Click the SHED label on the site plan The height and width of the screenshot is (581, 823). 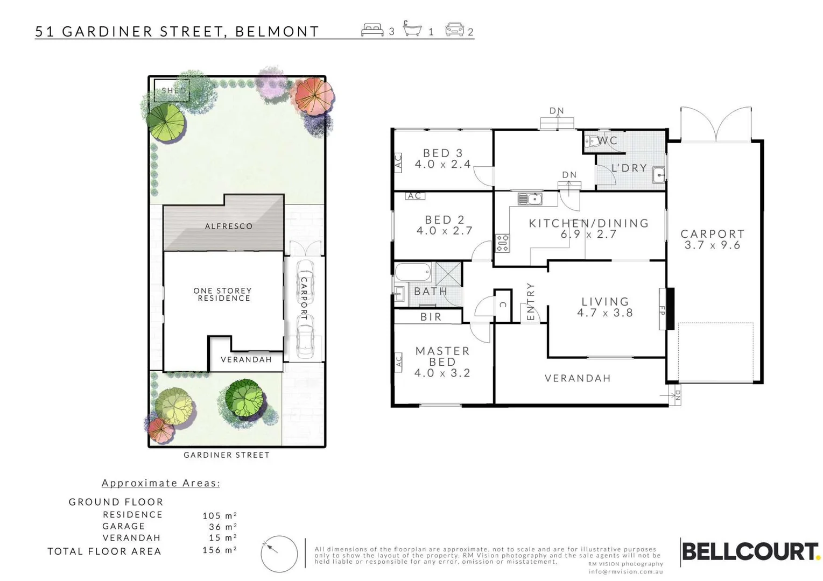point(174,90)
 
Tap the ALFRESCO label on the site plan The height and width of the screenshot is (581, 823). point(229,226)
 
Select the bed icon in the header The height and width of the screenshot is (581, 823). point(372,30)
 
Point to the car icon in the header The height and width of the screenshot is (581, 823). point(454,30)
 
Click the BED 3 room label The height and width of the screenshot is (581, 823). point(442,153)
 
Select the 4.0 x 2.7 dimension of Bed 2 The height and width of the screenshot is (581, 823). point(444,231)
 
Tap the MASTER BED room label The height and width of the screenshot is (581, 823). point(442,356)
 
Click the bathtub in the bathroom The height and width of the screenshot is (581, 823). point(413,272)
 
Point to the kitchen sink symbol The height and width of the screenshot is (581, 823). point(530,199)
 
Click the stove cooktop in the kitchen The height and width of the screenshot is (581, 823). point(502,243)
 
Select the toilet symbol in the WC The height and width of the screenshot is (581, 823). point(592,141)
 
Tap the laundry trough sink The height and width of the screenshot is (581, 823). point(658,175)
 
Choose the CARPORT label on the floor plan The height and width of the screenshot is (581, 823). point(712,234)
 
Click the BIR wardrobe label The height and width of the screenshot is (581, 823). point(431,317)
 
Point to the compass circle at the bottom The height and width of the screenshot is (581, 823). point(279,554)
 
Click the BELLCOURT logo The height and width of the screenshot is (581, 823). point(750,552)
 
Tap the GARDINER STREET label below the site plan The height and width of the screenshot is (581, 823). point(227,455)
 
